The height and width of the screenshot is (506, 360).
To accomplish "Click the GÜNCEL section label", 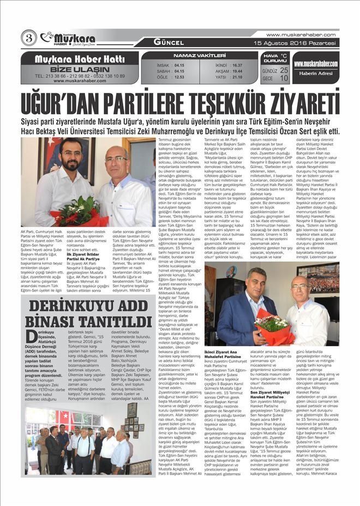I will (167, 41).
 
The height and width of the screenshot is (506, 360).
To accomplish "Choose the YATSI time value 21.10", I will (237, 77).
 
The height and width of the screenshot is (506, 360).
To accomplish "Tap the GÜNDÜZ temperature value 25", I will (284, 70).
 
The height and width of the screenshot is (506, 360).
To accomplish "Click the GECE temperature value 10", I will (284, 79).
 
